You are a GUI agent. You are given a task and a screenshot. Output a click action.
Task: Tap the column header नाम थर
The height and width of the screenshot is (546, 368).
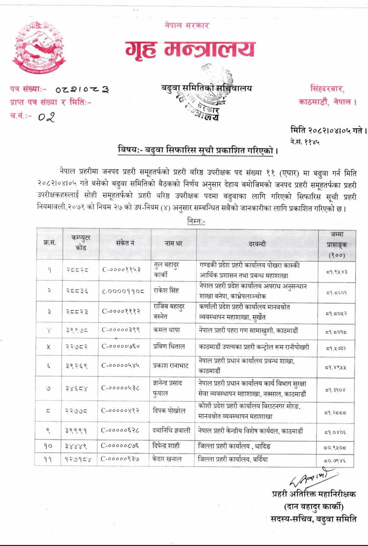[x=173, y=243]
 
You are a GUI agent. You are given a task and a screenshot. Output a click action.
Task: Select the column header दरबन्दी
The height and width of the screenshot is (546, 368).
[x=257, y=243]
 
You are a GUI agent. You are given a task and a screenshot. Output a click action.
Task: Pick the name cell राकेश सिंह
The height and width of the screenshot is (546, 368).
[x=169, y=291]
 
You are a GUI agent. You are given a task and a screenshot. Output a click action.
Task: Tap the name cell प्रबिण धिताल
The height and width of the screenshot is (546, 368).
[x=173, y=347]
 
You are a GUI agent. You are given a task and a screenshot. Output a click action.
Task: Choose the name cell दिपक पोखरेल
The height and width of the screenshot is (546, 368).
[x=173, y=411]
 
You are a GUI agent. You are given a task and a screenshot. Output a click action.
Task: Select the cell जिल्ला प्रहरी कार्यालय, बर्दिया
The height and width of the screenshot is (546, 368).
[x=233, y=459]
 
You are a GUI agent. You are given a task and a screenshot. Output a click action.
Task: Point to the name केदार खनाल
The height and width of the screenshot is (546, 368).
[x=172, y=459]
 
